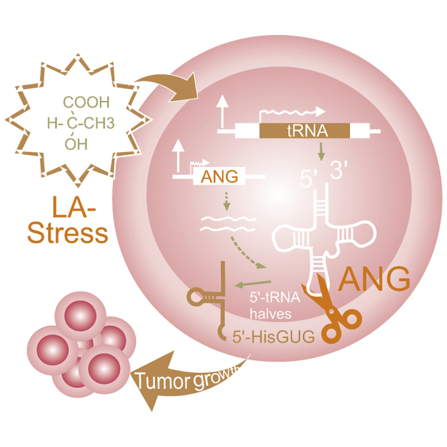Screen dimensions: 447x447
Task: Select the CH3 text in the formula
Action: [x=108, y=124]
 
